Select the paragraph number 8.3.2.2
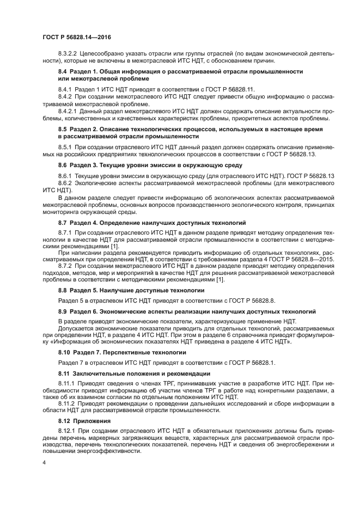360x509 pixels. tap(68, 54)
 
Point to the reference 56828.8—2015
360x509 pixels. tap(315, 259)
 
